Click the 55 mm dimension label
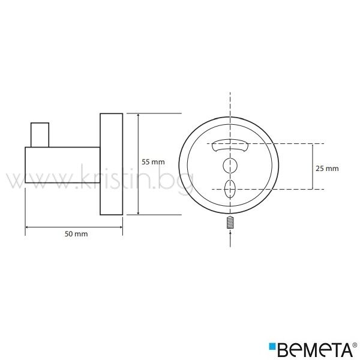tap(153, 162)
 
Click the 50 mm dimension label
tap(76, 234)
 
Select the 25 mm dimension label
tap(327, 169)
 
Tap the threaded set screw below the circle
tap(230, 223)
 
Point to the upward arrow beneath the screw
tap(230, 239)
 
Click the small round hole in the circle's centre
tap(230, 166)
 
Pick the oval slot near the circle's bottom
tap(230, 189)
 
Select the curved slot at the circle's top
tap(230, 145)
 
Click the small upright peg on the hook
tap(40, 135)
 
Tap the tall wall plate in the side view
tap(112, 164)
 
